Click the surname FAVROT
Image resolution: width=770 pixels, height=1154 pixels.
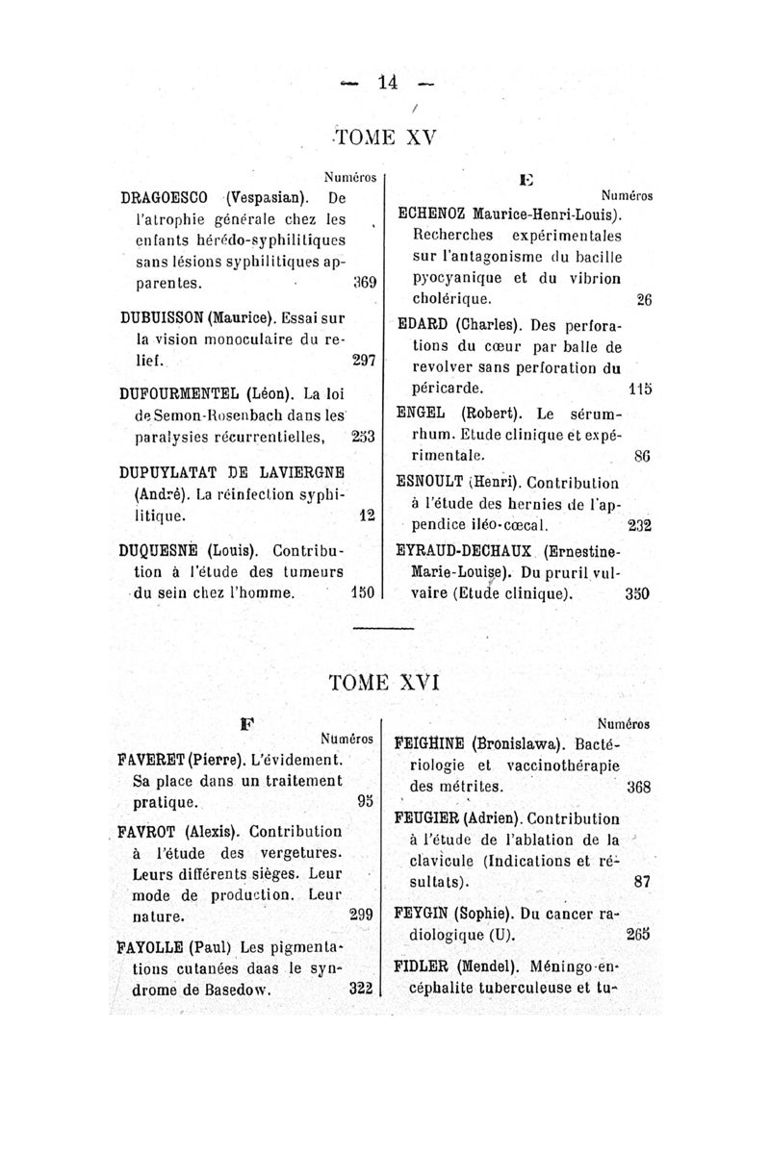pos(148,831)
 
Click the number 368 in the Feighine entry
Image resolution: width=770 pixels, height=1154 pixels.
pos(638,787)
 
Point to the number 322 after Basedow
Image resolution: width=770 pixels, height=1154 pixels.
pos(360,988)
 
